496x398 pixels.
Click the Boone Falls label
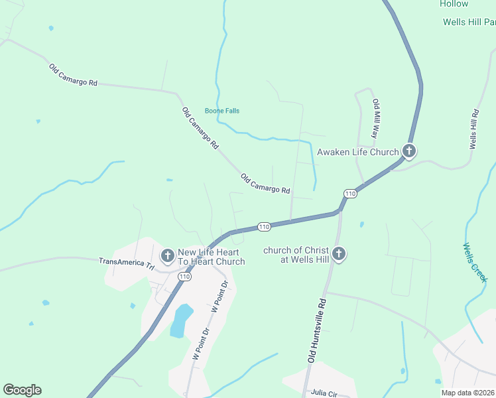point(222,111)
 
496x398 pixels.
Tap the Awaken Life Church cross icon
point(409,151)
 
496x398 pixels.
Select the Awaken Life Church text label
point(358,152)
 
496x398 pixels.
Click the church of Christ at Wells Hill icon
point(339,254)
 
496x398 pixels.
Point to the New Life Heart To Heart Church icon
point(168,255)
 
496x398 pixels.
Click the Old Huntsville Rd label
point(318,329)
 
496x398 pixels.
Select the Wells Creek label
point(475,262)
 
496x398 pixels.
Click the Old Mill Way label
point(375,118)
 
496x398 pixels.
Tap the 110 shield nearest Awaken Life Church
point(351,193)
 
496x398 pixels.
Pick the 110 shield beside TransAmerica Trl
point(184,276)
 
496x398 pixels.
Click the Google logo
point(23,390)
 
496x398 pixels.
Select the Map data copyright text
point(468,393)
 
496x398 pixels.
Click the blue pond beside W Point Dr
point(180,320)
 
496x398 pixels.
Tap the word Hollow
point(454,4)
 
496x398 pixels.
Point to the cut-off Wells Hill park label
point(469,22)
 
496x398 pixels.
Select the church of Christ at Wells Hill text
point(296,254)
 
